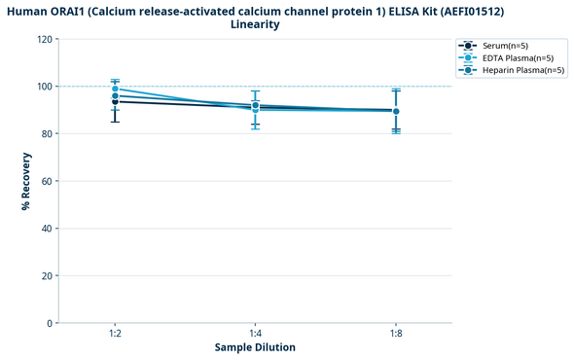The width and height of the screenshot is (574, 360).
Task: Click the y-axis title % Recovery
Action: click(25, 181)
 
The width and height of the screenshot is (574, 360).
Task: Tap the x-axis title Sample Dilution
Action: click(255, 347)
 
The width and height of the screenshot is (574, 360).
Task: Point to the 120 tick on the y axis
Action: click(44, 40)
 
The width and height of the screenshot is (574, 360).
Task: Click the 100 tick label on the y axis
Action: click(44, 87)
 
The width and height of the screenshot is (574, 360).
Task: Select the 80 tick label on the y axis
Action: click(47, 134)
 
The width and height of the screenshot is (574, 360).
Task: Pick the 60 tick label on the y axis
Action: click(47, 181)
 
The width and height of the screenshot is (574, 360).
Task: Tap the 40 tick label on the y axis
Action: click(47, 229)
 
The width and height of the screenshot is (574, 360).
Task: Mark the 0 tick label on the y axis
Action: click(50, 323)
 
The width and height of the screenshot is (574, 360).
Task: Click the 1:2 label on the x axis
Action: click(115, 334)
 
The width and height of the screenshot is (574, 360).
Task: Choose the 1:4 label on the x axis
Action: click(255, 334)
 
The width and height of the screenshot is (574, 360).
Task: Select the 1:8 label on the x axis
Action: click(395, 334)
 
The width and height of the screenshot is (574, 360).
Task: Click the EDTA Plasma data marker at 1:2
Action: click(115, 89)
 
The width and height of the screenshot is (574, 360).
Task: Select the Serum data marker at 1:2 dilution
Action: click(115, 101)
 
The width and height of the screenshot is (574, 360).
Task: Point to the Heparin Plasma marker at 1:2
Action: click(115, 95)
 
